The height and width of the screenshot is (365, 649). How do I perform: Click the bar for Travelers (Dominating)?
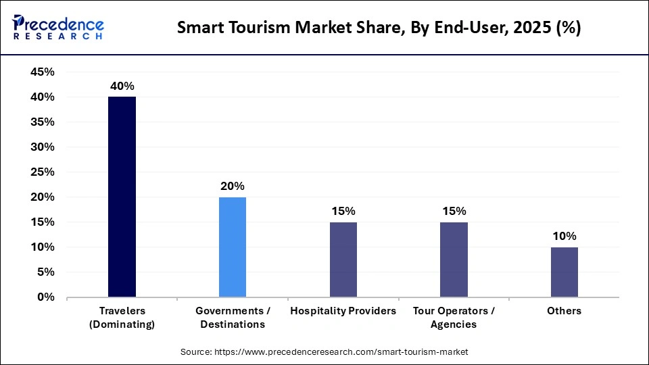tap(122, 197)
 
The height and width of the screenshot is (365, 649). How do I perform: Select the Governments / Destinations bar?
tap(233, 247)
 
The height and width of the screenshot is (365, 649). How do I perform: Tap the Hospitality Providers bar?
tap(343, 260)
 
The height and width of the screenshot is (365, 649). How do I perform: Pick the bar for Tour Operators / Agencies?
tap(454, 260)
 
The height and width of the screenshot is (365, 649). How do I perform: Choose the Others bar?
tap(564, 272)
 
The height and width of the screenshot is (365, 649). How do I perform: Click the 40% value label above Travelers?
tap(122, 86)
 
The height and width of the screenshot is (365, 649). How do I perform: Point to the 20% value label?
tap(233, 186)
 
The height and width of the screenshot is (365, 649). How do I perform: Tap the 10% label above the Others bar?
tap(564, 236)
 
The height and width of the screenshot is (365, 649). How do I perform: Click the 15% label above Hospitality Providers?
tap(343, 211)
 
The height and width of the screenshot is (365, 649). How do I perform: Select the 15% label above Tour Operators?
tap(454, 211)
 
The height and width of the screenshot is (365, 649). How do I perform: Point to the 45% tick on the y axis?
tap(42, 72)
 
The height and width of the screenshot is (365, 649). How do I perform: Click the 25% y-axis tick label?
tap(42, 172)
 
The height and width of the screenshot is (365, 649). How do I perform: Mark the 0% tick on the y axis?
tap(45, 297)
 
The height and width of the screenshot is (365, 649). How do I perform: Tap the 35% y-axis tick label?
tap(42, 122)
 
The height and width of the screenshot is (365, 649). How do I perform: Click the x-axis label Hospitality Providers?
tap(343, 311)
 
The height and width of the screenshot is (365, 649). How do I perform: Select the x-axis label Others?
tap(564, 311)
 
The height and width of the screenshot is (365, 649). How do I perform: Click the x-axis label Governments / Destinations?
tap(233, 317)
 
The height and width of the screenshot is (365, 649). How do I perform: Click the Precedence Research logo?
tap(58, 27)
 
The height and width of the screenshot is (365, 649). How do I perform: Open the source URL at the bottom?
tap(324, 352)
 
